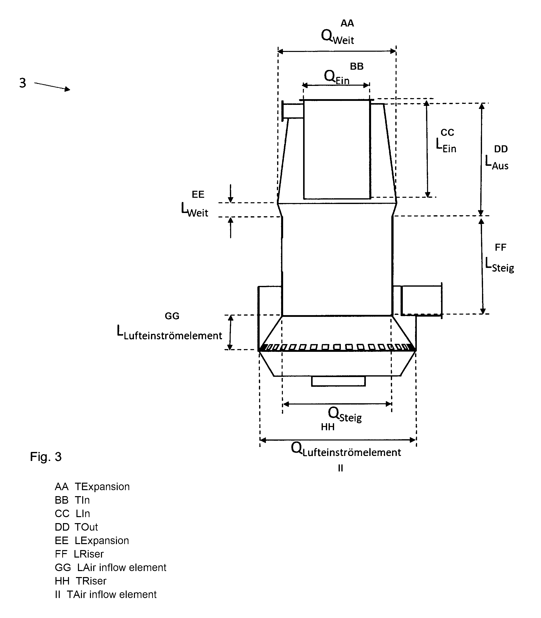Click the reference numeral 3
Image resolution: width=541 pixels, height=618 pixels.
tap(23, 83)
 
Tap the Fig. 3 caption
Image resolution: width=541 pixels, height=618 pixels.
tap(46, 457)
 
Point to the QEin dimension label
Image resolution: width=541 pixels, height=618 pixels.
tap(337, 77)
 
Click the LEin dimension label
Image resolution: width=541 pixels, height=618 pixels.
tap(446, 145)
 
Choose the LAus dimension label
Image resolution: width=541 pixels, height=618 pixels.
tap(497, 163)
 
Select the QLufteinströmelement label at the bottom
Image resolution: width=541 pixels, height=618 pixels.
tap(346, 449)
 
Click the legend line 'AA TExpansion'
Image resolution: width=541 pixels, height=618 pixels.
tap(92, 486)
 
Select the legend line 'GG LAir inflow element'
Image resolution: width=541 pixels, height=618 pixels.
tap(110, 567)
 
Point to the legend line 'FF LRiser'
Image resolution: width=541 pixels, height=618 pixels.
tap(79, 554)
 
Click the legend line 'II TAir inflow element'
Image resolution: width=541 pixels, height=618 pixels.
tap(106, 595)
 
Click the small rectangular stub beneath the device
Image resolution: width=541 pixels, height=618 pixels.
tap(338, 381)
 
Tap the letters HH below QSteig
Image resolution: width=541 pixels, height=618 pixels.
tap(328, 427)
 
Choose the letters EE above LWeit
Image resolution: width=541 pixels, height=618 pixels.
tap(198, 194)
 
